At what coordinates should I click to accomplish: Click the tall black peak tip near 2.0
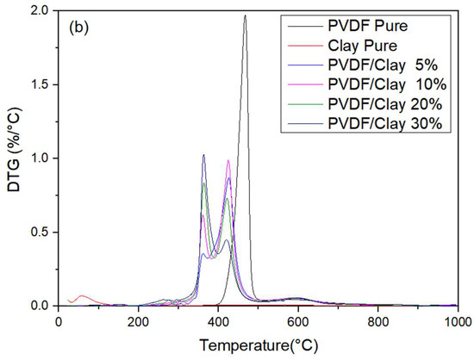[245, 16]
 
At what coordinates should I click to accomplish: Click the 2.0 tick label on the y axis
[41, 11]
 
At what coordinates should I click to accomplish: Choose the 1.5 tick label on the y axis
[41, 84]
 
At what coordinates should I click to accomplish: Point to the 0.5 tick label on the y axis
[41, 233]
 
